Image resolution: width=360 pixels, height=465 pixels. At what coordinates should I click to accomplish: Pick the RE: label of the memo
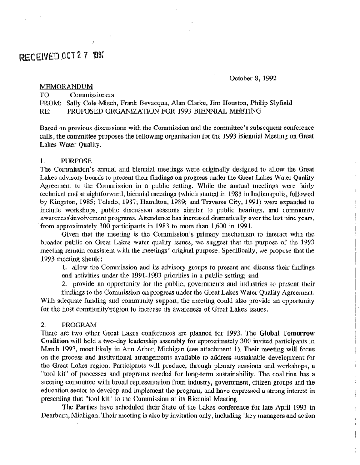coord(46,111)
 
